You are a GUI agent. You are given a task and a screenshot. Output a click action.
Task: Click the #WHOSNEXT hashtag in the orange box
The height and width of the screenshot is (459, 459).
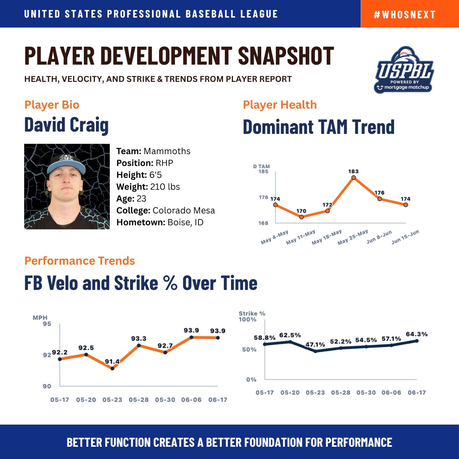[x=405, y=15]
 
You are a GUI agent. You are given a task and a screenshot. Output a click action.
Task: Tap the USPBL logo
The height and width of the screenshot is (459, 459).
[x=404, y=70]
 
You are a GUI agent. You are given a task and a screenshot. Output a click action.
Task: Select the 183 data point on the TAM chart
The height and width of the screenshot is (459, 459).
[x=353, y=177]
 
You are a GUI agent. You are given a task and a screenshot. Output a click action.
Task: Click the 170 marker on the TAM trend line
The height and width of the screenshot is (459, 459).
[x=301, y=217]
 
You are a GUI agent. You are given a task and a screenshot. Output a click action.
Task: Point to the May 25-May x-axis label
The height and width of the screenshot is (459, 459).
[x=353, y=237]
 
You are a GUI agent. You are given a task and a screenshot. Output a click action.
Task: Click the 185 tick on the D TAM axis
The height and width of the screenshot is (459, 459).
[x=264, y=171]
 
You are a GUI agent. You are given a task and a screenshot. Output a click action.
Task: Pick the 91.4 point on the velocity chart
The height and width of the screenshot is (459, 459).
[x=112, y=368]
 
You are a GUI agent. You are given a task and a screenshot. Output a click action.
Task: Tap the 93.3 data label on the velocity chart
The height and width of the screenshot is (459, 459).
[x=138, y=339]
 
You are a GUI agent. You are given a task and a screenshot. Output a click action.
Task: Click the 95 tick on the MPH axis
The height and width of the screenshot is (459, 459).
[x=47, y=324]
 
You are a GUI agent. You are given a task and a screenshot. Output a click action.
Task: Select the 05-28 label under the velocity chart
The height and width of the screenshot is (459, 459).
[x=138, y=400]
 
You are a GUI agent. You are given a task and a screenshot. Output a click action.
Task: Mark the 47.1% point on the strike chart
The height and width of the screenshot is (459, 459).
[x=315, y=352]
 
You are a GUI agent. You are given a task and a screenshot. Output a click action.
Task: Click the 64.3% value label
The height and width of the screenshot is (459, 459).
[x=417, y=334]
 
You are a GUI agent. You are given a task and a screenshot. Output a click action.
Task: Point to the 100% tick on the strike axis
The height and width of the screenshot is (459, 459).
[x=248, y=319]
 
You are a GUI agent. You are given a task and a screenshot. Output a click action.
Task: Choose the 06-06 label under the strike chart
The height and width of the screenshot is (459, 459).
[x=391, y=392]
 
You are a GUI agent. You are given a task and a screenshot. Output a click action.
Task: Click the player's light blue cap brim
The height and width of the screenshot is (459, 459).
[x=66, y=167]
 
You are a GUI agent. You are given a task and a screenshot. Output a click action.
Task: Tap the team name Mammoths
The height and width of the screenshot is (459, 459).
[x=167, y=151]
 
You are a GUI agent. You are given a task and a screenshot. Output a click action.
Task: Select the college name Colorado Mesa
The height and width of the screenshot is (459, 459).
[x=184, y=210]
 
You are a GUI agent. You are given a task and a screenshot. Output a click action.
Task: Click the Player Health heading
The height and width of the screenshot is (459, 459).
[x=280, y=105]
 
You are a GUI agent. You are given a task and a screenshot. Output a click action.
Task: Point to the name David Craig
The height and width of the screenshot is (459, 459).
[x=67, y=125]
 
